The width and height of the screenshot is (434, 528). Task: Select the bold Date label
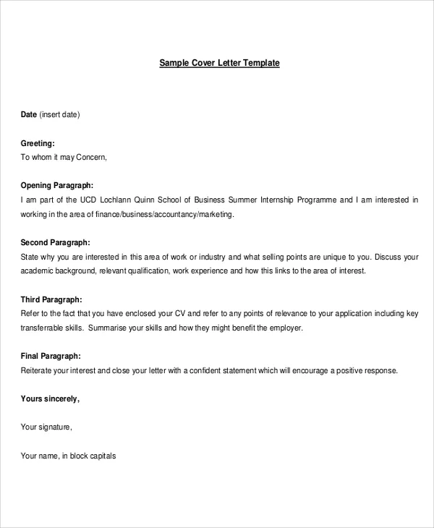tap(28, 114)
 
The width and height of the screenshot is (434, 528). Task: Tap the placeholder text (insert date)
tap(59, 114)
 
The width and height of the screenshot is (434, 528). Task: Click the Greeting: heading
tap(38, 144)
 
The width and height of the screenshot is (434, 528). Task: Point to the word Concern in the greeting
tap(91, 157)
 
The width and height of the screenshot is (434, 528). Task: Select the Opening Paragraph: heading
tap(56, 185)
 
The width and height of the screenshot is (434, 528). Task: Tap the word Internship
tap(280, 200)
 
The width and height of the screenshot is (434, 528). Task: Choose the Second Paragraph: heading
tap(55, 242)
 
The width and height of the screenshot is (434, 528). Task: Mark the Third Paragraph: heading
tap(51, 299)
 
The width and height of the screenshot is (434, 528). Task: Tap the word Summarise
tap(109, 328)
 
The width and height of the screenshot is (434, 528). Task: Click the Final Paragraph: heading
tap(51, 356)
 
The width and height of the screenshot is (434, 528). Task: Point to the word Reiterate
tap(38, 370)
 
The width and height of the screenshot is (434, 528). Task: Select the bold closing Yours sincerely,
tap(50, 399)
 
